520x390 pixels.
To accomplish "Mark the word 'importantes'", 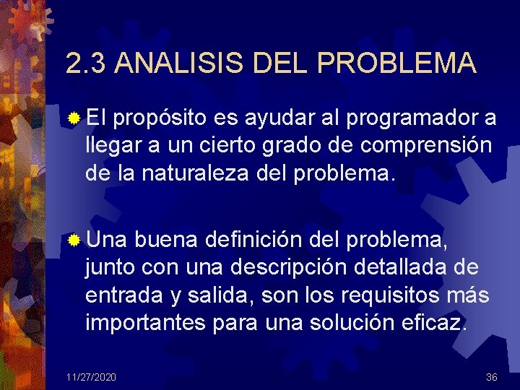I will pos(144,323).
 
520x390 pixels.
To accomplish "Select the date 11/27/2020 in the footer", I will pos(91,377).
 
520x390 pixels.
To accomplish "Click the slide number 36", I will pos(491,377).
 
